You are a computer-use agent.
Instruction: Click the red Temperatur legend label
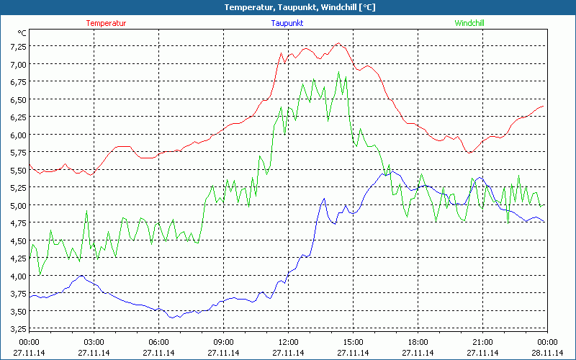[x=106, y=23]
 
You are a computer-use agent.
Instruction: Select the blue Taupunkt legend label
[x=287, y=23]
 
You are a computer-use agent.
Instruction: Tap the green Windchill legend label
[x=469, y=23]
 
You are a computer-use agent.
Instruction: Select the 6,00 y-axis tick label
[x=17, y=135]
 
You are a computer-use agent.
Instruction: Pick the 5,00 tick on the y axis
[x=17, y=205]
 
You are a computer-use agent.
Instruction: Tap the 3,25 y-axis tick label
[x=17, y=329]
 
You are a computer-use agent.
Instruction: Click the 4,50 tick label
[x=17, y=240]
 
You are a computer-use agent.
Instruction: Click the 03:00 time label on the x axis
[x=94, y=342]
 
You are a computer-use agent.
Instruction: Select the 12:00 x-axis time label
[x=288, y=342]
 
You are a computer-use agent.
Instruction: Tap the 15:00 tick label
[x=353, y=342]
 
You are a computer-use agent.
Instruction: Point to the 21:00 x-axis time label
[x=482, y=342]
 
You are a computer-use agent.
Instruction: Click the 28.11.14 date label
[x=547, y=353]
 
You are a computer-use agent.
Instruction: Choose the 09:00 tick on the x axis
[x=223, y=342]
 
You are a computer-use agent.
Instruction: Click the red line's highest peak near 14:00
[x=338, y=43]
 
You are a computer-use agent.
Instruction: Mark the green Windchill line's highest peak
[x=338, y=71]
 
